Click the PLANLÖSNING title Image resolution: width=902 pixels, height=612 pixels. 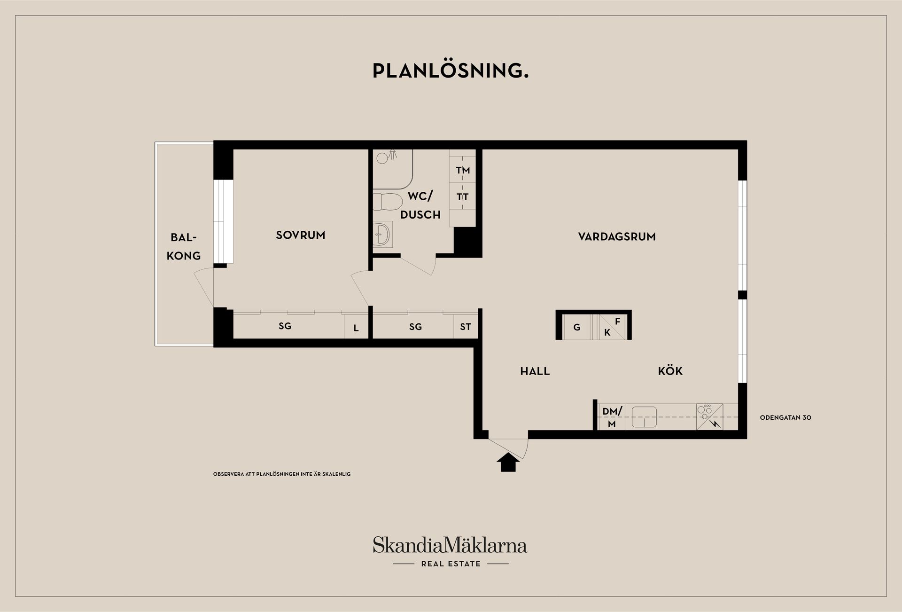click(451, 71)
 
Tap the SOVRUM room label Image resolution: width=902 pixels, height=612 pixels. click(301, 235)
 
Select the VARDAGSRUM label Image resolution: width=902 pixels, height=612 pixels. click(617, 236)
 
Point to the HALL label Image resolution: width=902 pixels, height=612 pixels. click(535, 371)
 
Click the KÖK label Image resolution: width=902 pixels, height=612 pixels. click(670, 370)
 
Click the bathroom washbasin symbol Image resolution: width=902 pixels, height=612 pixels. click(382, 234)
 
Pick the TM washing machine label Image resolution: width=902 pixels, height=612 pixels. click(463, 170)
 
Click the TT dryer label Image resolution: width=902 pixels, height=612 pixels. click(463, 197)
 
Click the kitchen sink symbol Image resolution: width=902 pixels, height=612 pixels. click(644, 417)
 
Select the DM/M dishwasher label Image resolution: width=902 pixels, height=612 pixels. click(612, 417)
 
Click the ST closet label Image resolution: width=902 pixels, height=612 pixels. click(466, 327)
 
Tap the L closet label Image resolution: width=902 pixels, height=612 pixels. click(356, 328)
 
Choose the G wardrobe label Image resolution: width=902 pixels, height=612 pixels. click(577, 327)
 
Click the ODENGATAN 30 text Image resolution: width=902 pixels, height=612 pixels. click(785, 417)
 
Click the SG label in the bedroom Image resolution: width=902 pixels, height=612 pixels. click(285, 326)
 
